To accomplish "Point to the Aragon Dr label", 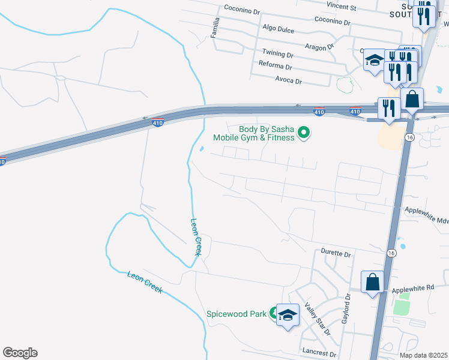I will pos(319,47).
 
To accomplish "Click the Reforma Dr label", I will pos(275,65).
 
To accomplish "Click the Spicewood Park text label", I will pos(236,314).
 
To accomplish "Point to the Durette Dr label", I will pos(336,254).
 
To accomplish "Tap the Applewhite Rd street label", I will pos(412,289).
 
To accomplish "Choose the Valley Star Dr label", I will pos(318,319).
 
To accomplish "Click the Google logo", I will pos(20,353).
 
